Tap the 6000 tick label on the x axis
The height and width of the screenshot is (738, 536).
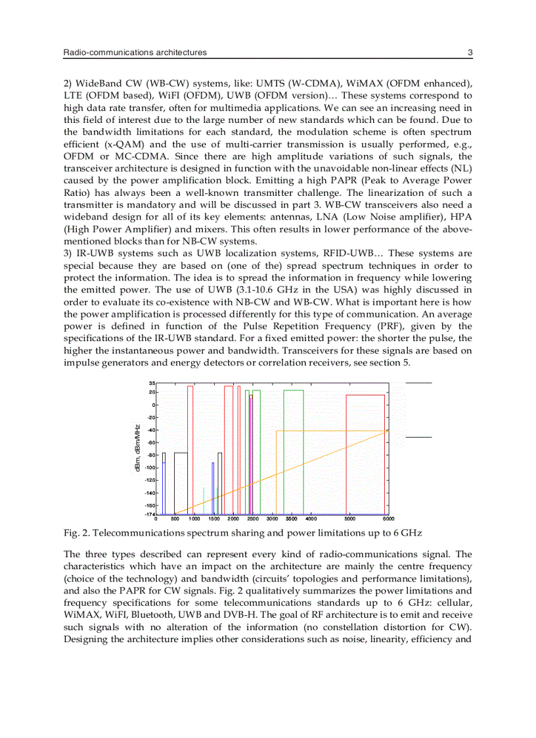pos(387,518)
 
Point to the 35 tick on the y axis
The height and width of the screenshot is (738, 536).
pos(151,382)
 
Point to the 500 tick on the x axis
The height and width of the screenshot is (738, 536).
pos(175,518)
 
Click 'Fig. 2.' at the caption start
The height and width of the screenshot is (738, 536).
pos(77,532)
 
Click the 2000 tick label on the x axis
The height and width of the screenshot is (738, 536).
pos(233,518)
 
